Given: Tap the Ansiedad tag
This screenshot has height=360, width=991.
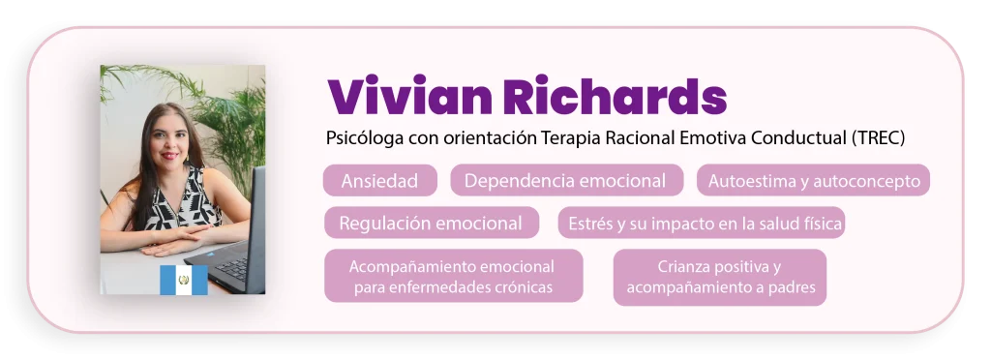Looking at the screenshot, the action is coord(379,181).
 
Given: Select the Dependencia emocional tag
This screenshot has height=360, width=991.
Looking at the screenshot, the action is coord(566,181).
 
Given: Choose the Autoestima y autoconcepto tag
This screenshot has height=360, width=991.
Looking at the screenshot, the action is coord(813,181).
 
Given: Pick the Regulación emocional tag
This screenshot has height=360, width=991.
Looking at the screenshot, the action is coord(432,223).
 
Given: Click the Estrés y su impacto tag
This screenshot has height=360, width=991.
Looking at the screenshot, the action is coord(702,223).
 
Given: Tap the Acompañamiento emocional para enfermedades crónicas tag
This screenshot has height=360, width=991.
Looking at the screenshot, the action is coord(453,276).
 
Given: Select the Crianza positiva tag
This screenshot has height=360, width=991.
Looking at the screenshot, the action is coord(720,278).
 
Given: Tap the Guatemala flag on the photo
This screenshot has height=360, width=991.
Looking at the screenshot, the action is coord(183,280).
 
